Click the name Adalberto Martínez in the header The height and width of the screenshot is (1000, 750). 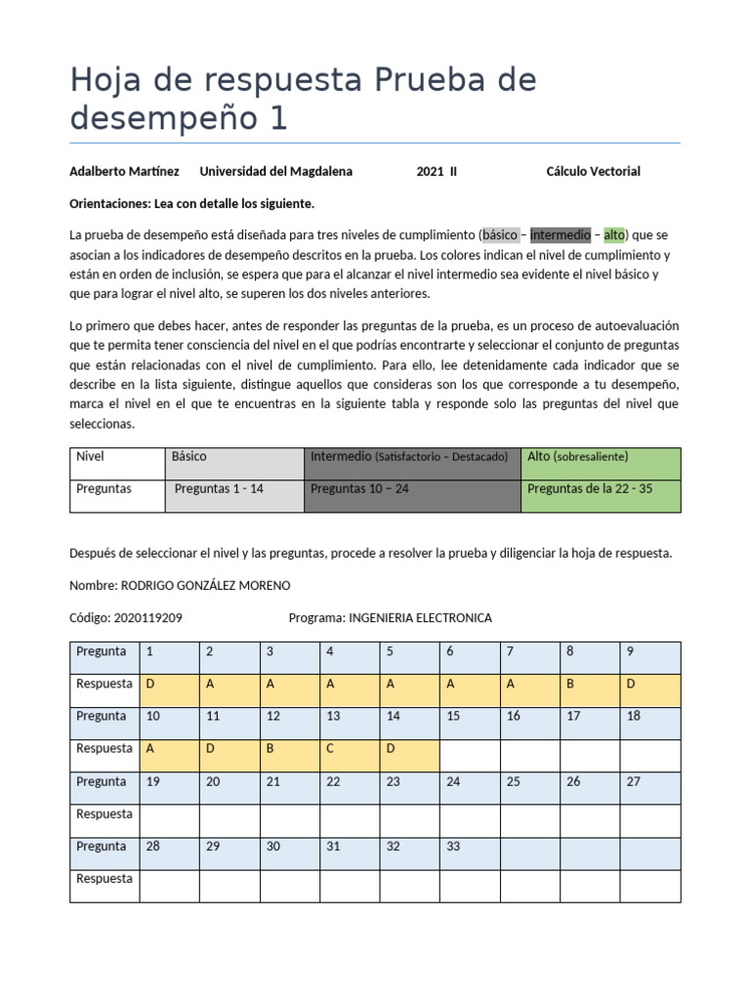(x=124, y=171)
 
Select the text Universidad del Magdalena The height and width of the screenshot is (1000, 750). (x=275, y=171)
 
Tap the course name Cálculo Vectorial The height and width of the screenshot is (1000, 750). (x=593, y=171)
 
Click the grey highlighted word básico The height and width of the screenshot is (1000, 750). (x=500, y=235)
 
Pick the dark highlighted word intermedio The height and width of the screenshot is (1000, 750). (x=561, y=235)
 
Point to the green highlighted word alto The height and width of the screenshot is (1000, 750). (x=613, y=235)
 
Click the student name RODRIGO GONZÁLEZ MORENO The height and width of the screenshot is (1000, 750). (x=204, y=585)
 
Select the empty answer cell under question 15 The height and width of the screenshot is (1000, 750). (x=471, y=755)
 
